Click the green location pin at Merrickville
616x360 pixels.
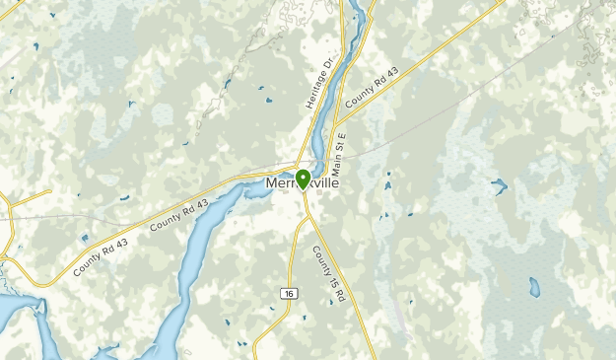303,179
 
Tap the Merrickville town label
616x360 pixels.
302,186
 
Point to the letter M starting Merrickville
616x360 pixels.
271,186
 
